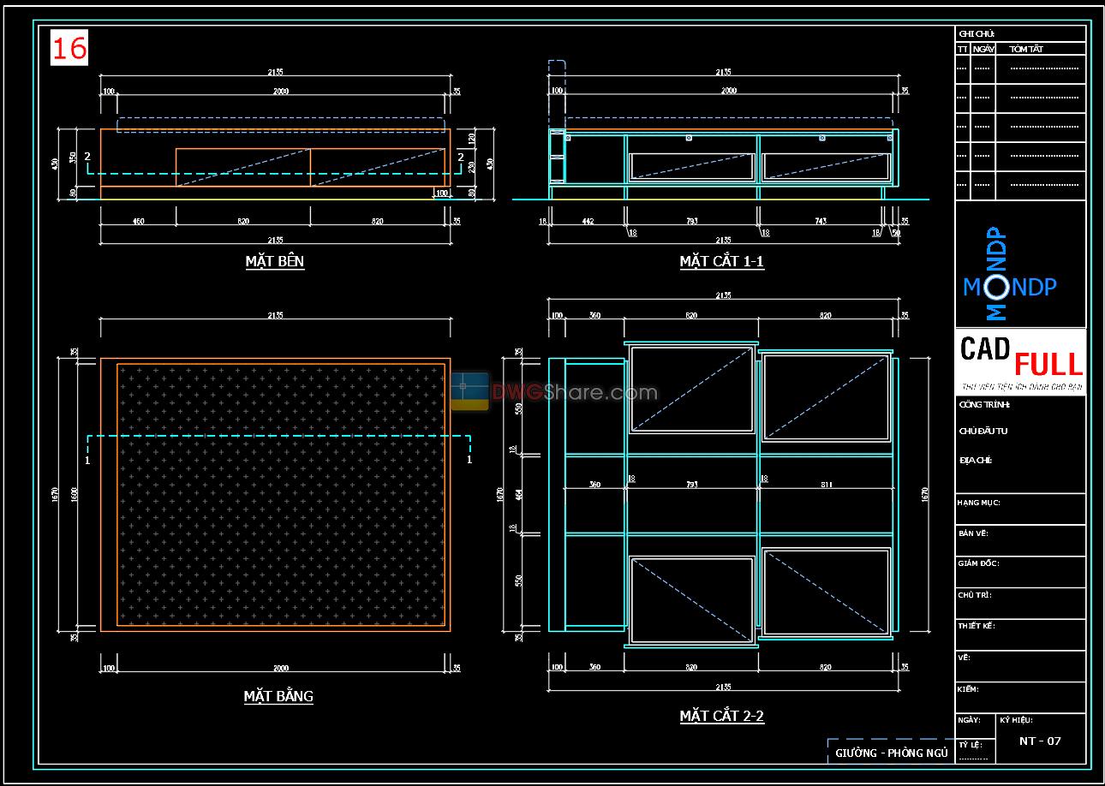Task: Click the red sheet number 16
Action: [69, 49]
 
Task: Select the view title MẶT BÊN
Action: [274, 261]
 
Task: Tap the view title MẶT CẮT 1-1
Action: [721, 261]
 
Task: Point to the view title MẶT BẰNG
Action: [278, 696]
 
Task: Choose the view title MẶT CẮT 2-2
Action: [721, 716]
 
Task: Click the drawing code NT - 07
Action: [1040, 741]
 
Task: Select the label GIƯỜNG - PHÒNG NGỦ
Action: [891, 753]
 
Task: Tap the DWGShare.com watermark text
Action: [575, 393]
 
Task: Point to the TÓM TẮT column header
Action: [1025, 50]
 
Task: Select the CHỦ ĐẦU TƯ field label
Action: [983, 432]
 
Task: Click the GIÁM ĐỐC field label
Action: [978, 563]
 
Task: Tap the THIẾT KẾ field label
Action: [976, 626]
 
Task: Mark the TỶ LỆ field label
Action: [969, 745]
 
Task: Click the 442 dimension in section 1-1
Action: [588, 221]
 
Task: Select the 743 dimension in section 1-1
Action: [821, 221]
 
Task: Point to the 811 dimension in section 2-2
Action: [826, 485]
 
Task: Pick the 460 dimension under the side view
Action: [138, 221]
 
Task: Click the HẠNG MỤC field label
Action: [978, 503]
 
